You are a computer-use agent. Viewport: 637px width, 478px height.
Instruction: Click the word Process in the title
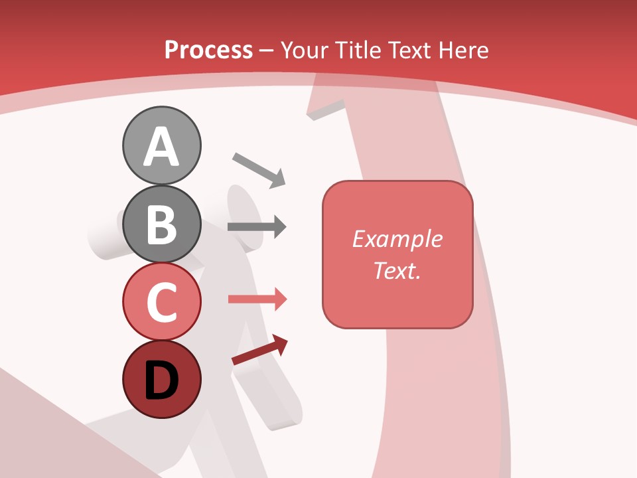(208, 50)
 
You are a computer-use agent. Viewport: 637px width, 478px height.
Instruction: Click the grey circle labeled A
(161, 145)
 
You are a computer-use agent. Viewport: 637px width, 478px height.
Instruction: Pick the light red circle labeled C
(161, 301)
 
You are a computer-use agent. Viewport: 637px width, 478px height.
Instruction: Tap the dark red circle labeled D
(161, 380)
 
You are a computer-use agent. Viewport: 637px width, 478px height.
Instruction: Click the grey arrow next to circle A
(259, 170)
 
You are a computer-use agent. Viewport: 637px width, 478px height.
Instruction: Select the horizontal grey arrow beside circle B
(256, 227)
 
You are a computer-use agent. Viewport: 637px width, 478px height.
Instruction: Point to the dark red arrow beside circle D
(259, 350)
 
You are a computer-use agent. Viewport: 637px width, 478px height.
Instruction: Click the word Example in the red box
(397, 239)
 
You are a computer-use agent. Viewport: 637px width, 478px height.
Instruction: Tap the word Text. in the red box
(397, 270)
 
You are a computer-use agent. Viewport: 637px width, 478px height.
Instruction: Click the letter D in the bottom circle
(161, 381)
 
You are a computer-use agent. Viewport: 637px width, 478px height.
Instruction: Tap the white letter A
(161, 147)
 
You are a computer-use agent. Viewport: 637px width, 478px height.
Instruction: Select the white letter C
(161, 302)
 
